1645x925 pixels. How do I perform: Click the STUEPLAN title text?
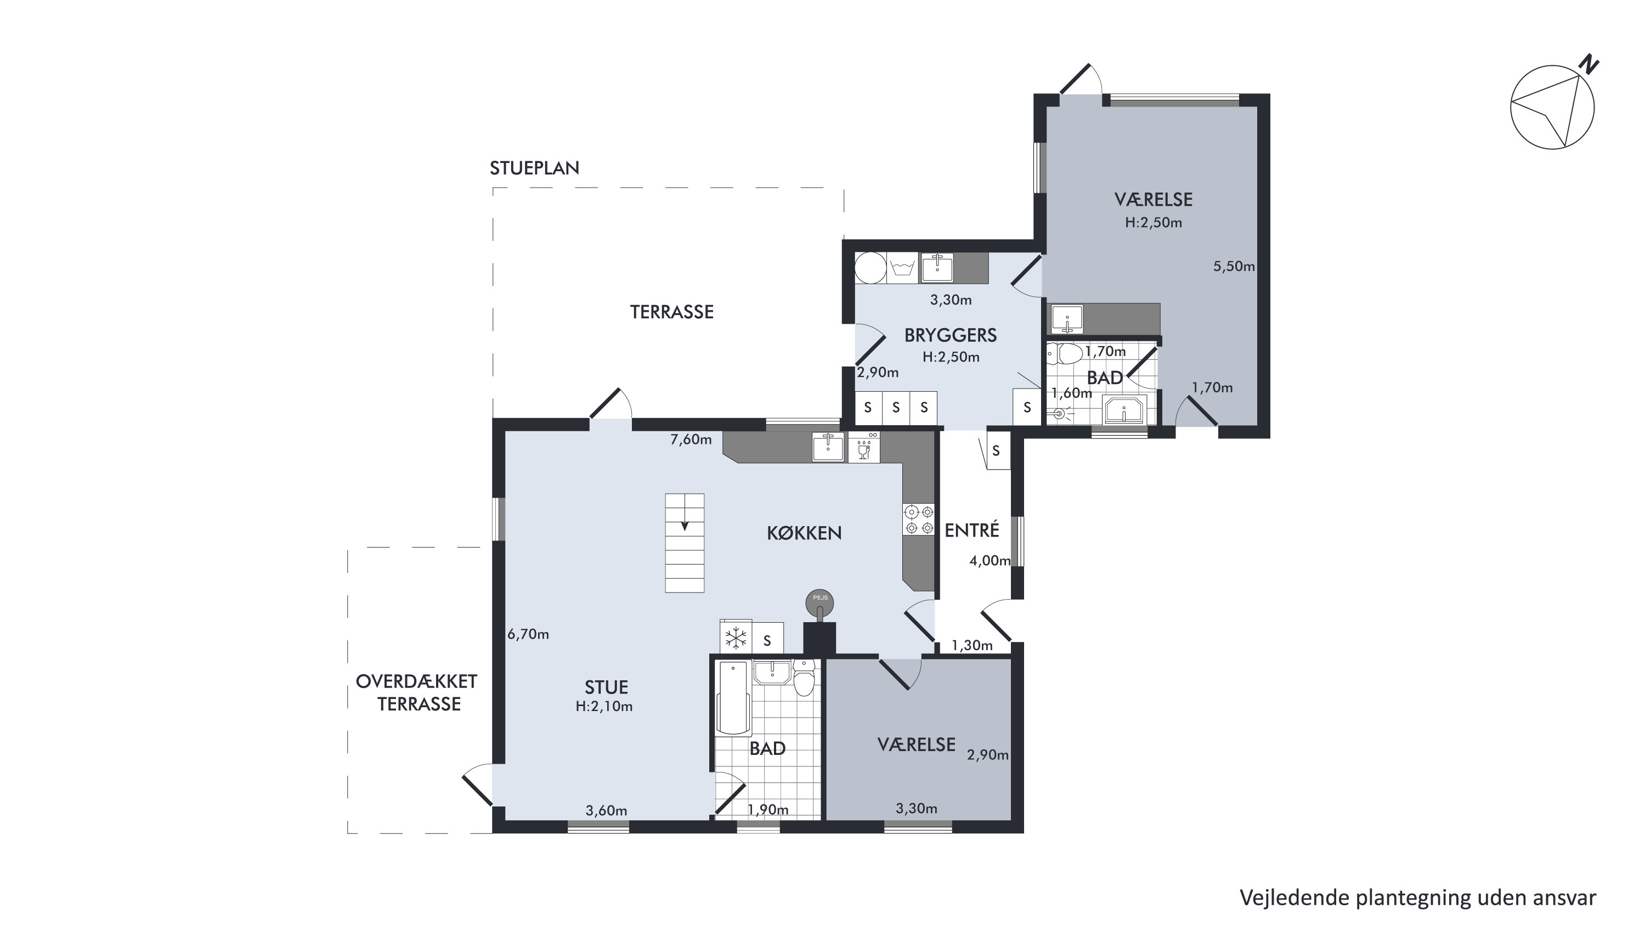534,168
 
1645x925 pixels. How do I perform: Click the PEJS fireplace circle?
820,601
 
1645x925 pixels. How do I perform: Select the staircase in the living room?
685,543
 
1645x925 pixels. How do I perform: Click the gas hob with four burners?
919,520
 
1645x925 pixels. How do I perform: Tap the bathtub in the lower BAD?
734,699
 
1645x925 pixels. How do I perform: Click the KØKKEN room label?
804,533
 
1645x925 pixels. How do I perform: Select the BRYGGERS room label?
950,335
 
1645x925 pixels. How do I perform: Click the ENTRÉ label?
972,529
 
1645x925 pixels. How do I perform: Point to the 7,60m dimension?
691,439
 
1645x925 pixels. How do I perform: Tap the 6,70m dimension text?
528,634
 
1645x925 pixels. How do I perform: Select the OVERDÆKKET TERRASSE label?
416,692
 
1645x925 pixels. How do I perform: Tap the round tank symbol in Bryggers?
870,268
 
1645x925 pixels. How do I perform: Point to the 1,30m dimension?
972,645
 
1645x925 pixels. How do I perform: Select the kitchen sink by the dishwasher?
828,447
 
